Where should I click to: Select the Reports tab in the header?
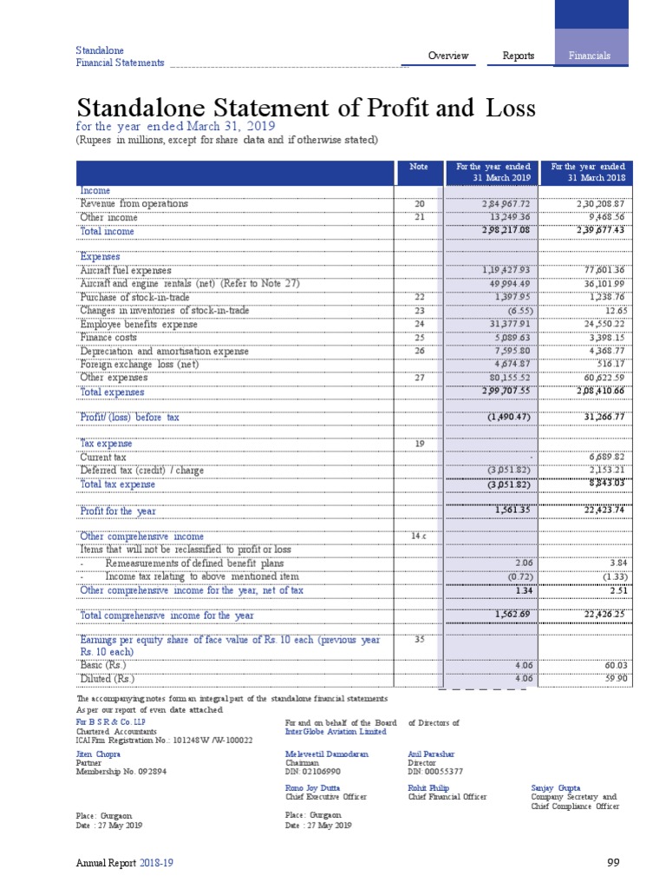[x=519, y=56]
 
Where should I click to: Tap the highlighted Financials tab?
[x=590, y=56]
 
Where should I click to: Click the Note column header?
[x=419, y=166]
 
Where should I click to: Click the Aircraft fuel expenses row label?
[x=126, y=271]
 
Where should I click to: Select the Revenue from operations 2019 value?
[x=498, y=204]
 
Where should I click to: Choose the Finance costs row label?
[x=108, y=338]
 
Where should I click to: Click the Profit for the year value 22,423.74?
[x=600, y=510]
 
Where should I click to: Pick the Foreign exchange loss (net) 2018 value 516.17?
[x=608, y=365]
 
